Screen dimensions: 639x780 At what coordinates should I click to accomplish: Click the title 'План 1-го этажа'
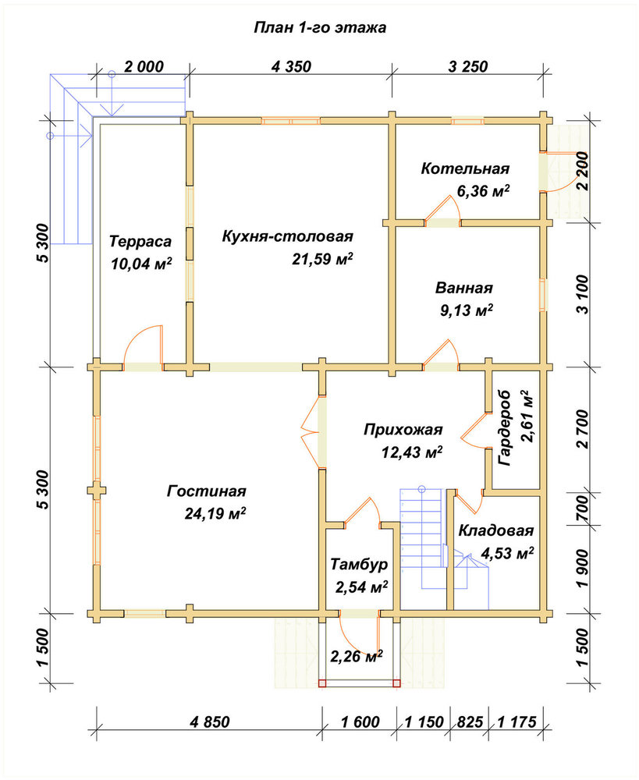click(320, 27)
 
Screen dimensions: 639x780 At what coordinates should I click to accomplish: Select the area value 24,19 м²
click(215, 513)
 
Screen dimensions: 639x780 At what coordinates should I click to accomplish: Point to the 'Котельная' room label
click(465, 168)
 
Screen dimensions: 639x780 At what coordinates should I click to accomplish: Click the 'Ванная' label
click(464, 288)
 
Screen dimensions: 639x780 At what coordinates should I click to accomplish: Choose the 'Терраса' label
click(140, 242)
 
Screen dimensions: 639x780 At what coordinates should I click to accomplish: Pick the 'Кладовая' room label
click(495, 530)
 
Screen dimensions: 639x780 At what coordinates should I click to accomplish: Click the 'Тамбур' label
click(360, 565)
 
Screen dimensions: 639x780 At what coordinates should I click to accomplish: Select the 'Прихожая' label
click(403, 429)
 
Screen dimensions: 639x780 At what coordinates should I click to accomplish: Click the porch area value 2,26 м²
click(357, 656)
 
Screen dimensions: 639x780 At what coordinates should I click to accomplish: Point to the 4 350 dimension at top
click(291, 66)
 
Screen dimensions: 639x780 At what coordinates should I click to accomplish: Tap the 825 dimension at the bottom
click(469, 721)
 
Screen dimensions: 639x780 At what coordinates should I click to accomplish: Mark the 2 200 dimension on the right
click(582, 171)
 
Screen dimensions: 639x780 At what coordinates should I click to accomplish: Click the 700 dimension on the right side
click(582, 509)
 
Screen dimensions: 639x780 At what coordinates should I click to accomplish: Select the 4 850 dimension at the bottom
click(210, 721)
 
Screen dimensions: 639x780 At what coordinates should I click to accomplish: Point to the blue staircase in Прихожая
click(421, 538)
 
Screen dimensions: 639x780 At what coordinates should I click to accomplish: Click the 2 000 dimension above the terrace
click(144, 66)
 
